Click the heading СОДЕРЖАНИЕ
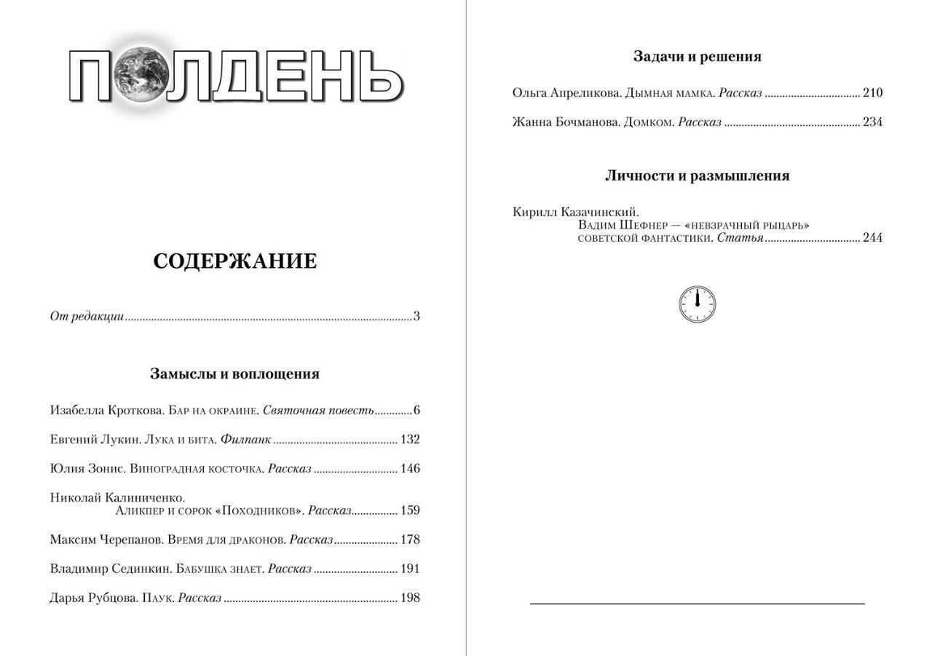pyautogui.click(x=234, y=261)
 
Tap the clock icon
pyautogui.click(x=697, y=304)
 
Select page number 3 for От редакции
pyautogui.click(x=416, y=317)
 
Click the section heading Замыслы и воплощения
pyautogui.click(x=234, y=374)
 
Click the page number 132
pyautogui.click(x=410, y=440)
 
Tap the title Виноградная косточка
pyautogui.click(x=197, y=469)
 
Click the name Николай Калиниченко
pyautogui.click(x=117, y=498)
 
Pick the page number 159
pyautogui.click(x=410, y=510)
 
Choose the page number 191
pyautogui.click(x=410, y=569)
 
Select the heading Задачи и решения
pyautogui.click(x=697, y=57)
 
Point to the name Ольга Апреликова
pyautogui.click(x=566, y=93)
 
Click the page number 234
pyautogui.click(x=872, y=122)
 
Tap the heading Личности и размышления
pyautogui.click(x=697, y=176)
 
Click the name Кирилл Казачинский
pyautogui.click(x=575, y=213)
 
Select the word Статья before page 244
pyautogui.click(x=740, y=238)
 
